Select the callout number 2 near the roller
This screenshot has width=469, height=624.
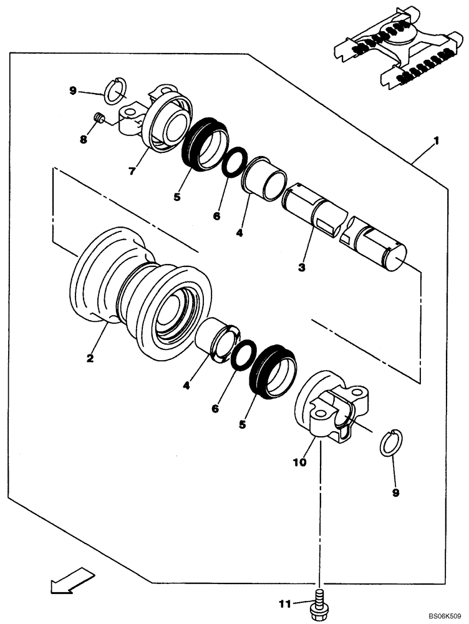90,358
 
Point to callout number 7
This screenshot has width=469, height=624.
132,171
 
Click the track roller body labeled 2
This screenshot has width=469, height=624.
143,293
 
